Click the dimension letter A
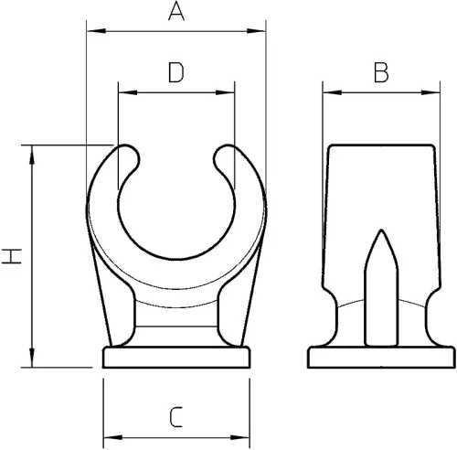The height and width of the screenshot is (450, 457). (176, 12)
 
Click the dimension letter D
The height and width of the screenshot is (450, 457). (176, 72)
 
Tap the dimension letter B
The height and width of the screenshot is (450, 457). (381, 72)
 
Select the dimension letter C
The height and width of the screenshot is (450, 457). (176, 417)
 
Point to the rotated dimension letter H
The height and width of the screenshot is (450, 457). (12, 256)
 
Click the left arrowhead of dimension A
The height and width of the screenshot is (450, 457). (96, 31)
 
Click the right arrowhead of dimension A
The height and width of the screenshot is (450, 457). (256, 31)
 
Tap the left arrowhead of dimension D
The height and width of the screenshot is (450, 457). (128, 92)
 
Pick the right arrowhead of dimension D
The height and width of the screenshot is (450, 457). (225, 92)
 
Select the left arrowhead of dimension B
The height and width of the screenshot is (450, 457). (333, 92)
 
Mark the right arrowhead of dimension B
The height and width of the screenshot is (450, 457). (430, 92)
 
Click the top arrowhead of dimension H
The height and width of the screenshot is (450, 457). (32, 155)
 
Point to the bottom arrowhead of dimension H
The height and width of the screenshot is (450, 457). (32, 358)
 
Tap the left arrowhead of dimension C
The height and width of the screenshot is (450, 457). (113, 438)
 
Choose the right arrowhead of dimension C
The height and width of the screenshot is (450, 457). (240, 438)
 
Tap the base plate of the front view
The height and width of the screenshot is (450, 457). (176, 357)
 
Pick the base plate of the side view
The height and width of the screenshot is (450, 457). (382, 357)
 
